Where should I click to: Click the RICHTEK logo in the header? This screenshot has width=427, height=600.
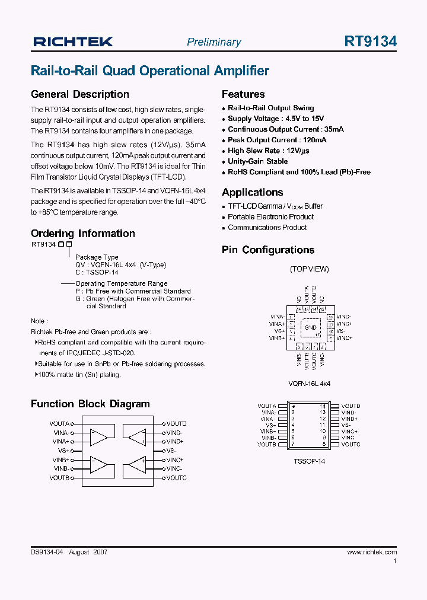(x=73, y=42)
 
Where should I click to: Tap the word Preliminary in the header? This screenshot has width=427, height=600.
(x=213, y=42)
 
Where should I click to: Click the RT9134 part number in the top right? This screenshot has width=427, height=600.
(x=370, y=42)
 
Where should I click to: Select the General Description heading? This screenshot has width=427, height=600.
(x=79, y=94)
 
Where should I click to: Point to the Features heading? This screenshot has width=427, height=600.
(x=243, y=94)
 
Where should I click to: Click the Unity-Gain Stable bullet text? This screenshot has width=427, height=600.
(x=257, y=161)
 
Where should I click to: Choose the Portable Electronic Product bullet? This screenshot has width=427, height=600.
(x=270, y=217)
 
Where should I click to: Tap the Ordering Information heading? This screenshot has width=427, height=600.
(x=83, y=234)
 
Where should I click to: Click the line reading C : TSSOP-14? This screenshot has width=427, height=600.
(x=97, y=272)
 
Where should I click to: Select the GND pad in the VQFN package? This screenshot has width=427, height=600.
(x=310, y=327)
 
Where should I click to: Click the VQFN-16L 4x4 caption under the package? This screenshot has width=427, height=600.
(x=310, y=384)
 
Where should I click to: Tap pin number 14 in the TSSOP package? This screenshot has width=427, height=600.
(x=323, y=406)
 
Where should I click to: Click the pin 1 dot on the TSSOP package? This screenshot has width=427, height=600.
(x=294, y=407)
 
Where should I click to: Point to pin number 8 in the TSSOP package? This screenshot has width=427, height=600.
(x=324, y=444)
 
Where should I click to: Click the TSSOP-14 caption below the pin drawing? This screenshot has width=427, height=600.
(x=310, y=461)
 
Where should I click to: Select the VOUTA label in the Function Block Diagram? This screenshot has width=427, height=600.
(x=59, y=424)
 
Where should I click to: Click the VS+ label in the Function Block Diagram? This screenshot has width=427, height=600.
(x=61, y=451)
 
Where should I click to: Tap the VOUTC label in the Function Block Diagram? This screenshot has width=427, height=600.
(x=176, y=478)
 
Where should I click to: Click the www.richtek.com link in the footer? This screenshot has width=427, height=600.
(x=372, y=552)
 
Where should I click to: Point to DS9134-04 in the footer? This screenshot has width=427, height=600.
(x=46, y=552)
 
